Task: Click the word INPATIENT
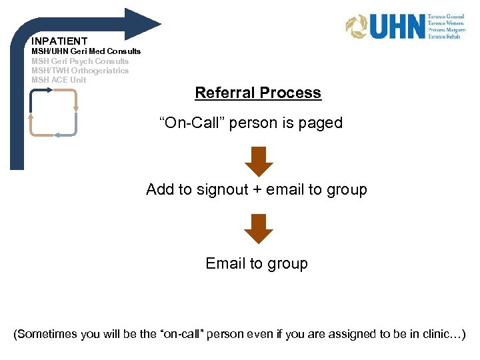click(x=59, y=41)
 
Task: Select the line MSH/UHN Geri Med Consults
click(x=86, y=51)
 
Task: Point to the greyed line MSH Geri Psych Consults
click(x=80, y=61)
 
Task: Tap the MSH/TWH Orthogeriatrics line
click(x=80, y=71)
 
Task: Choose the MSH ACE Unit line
click(x=59, y=80)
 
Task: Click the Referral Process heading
click(x=258, y=93)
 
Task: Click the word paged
click(x=321, y=123)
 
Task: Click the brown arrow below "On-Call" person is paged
click(x=258, y=161)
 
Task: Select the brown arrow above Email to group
click(x=258, y=228)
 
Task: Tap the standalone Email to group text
click(x=257, y=264)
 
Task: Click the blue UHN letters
click(x=397, y=27)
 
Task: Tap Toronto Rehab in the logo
click(x=445, y=37)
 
